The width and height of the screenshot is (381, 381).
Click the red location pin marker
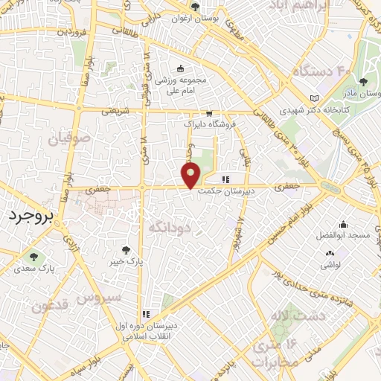tap(191, 176)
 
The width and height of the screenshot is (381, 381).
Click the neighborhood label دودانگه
tap(170, 225)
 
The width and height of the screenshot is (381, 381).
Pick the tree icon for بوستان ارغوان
tap(195, 6)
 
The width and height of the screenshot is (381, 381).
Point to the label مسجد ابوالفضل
tap(343, 235)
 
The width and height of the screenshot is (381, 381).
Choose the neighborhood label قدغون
tap(51, 306)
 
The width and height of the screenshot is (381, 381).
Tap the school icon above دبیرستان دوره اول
tap(147, 314)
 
